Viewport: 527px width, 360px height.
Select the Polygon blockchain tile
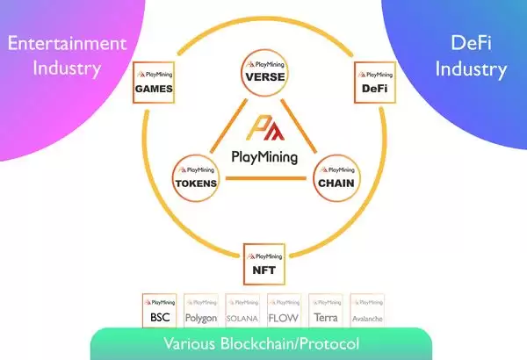(202, 308)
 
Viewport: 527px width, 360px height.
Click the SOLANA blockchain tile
(243, 308)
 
